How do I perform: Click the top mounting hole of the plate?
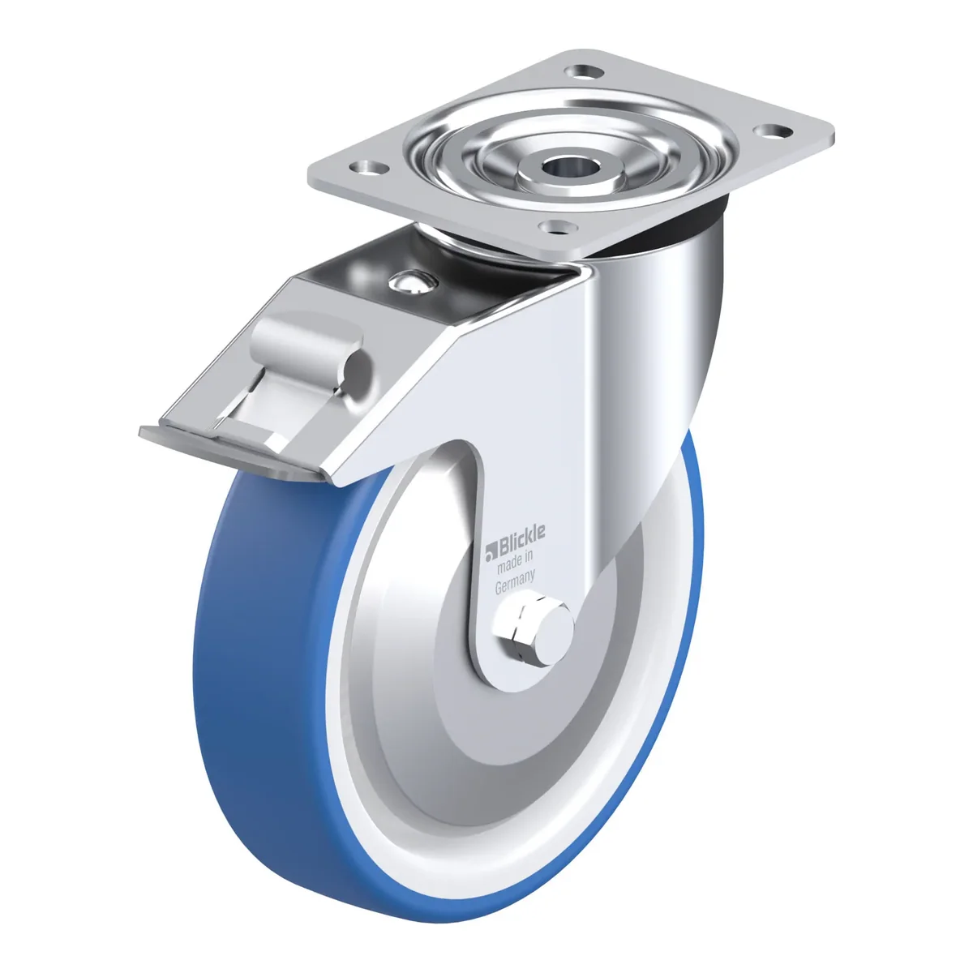585,71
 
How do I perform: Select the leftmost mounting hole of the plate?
370,167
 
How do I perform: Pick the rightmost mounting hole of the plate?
773,131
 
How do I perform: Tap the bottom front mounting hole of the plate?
557,227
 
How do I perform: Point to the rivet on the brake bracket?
412,283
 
